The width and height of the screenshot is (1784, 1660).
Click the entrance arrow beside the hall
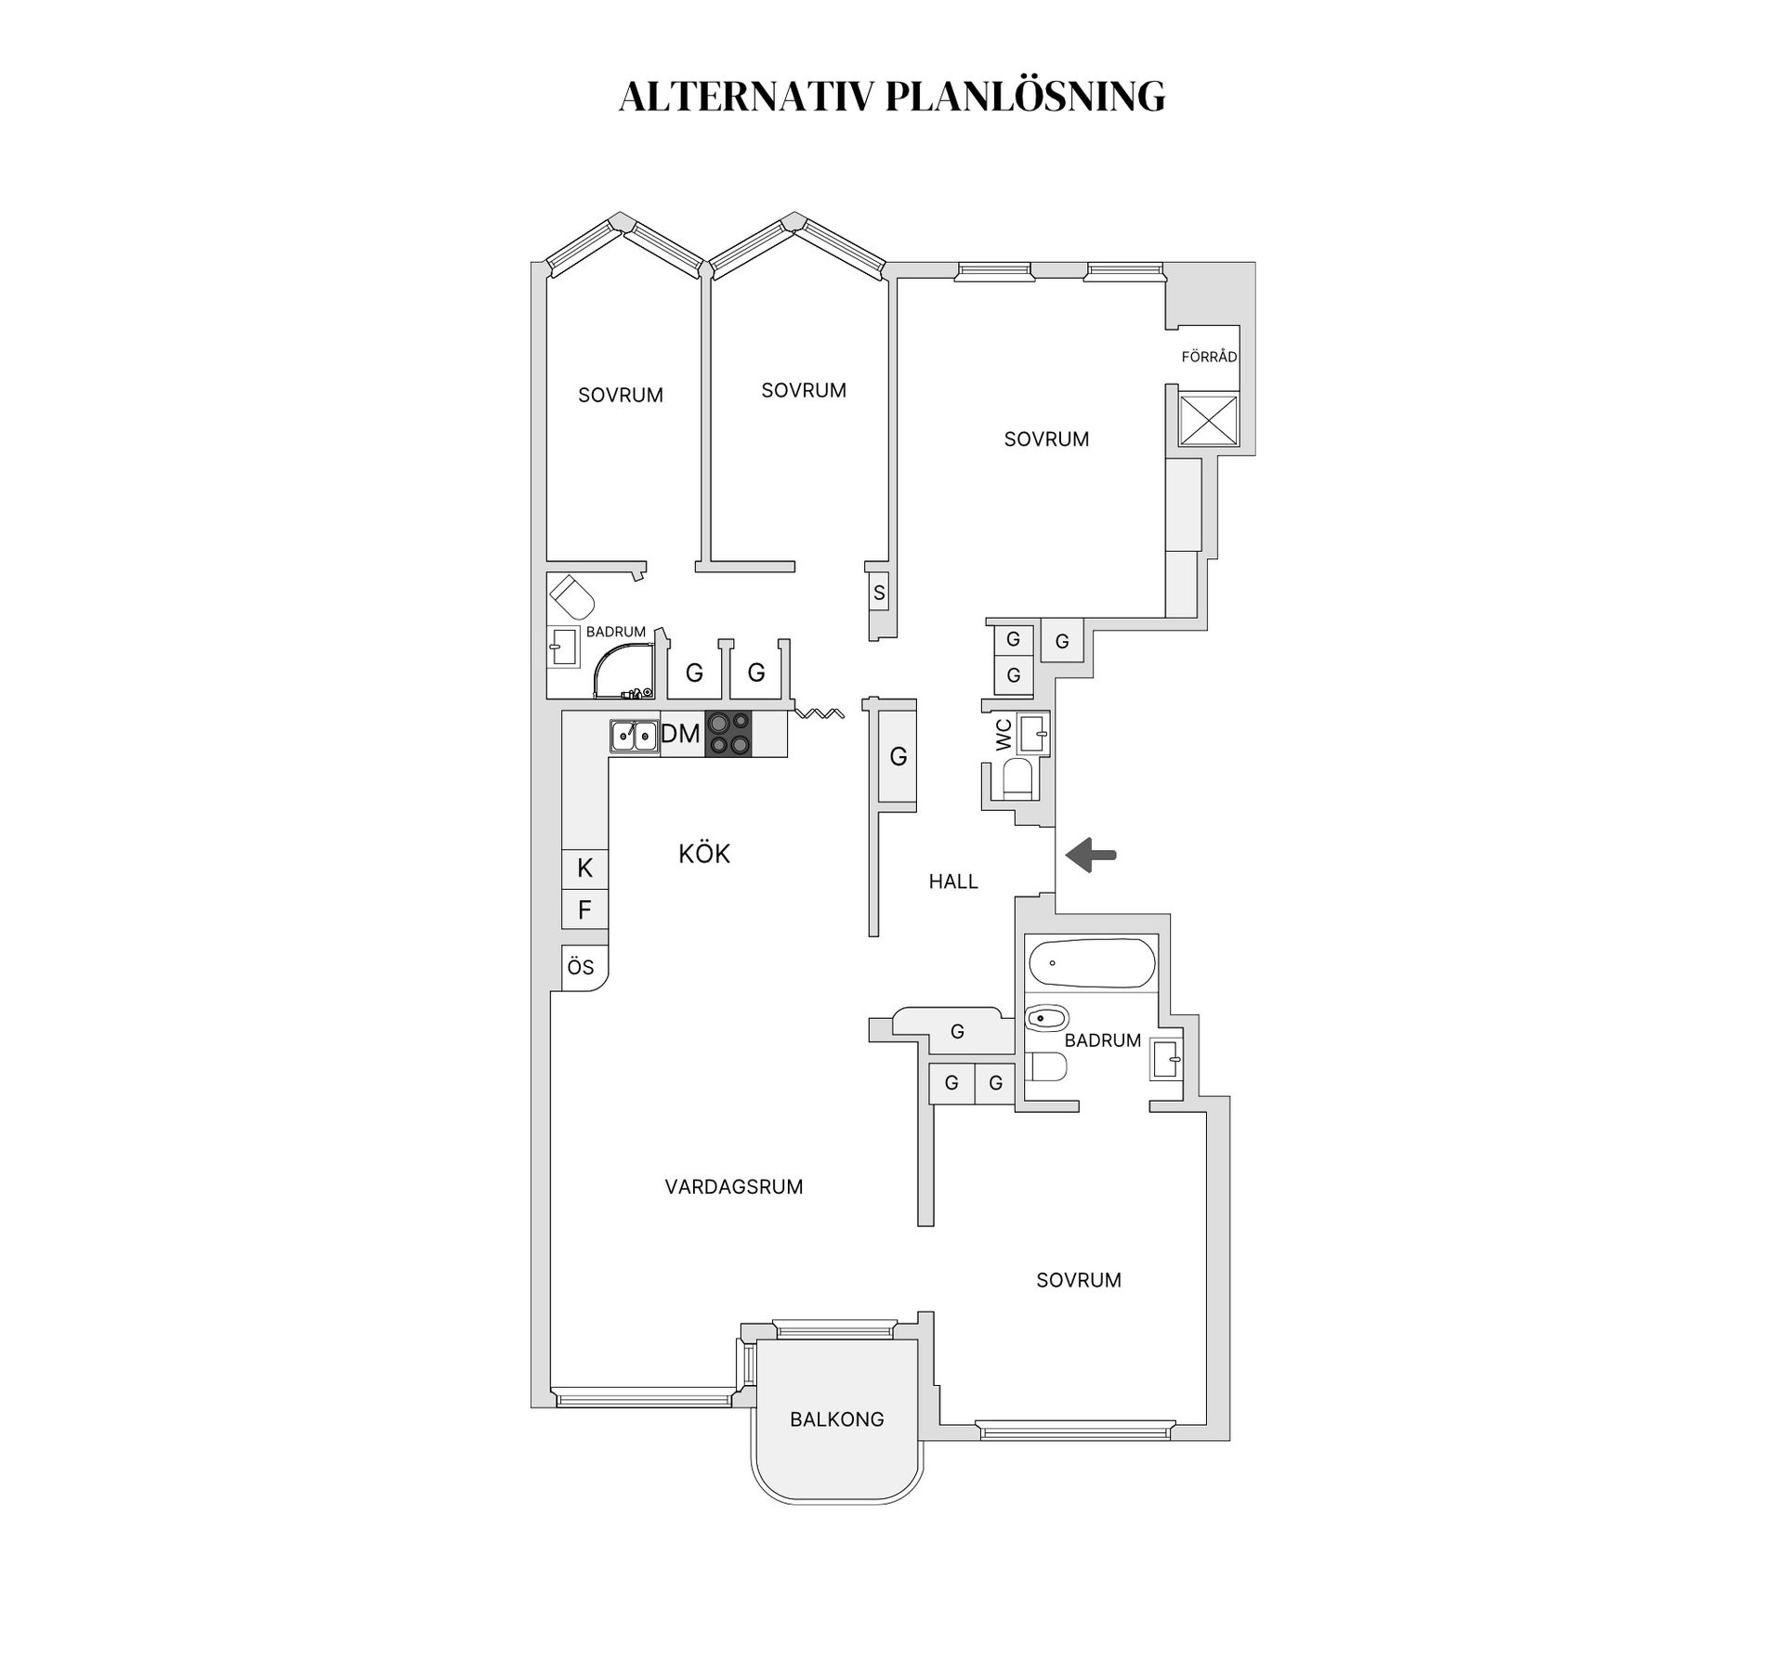click(1090, 856)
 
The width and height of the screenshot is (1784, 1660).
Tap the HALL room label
click(953, 882)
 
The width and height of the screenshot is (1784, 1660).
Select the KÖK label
click(704, 854)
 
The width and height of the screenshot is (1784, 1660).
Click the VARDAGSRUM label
click(734, 1187)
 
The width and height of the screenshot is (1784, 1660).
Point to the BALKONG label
click(836, 1419)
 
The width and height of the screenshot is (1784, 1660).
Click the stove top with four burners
click(728, 734)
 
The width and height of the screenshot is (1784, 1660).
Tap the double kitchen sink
click(634, 736)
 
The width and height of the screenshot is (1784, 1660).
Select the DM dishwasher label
click(680, 734)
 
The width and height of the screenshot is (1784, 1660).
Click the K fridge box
click(584, 869)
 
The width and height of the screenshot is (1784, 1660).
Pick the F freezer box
click(584, 909)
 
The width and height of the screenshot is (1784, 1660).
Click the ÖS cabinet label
click(582, 968)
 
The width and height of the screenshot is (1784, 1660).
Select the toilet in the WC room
click(1017, 779)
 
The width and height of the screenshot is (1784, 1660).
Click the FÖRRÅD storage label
click(1209, 357)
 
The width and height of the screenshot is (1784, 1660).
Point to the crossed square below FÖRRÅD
click(1208, 420)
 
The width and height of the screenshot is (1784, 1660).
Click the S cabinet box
click(879, 593)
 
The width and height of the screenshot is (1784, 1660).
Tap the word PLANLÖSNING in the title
click(1025, 97)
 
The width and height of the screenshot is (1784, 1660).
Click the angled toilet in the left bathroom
click(572, 595)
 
